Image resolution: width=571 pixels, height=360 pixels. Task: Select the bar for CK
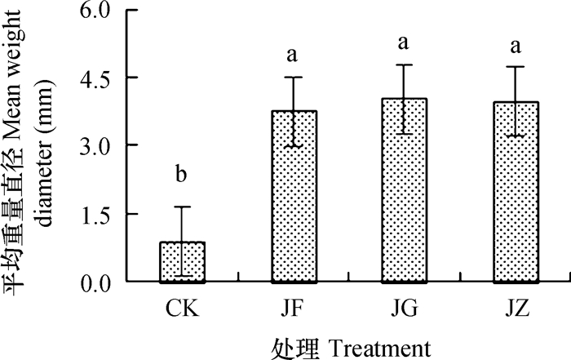coord(182,262)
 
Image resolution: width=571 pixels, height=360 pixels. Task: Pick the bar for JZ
coord(516,192)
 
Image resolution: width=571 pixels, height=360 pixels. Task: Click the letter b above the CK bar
coord(182,175)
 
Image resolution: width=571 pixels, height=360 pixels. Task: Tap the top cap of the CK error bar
coord(182,207)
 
